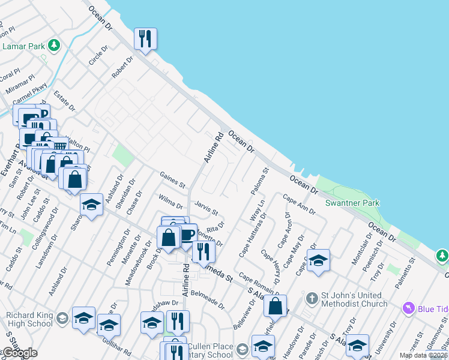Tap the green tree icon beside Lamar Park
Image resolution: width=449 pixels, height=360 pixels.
coord(55,45)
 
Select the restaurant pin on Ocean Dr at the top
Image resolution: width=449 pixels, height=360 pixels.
coord(145,40)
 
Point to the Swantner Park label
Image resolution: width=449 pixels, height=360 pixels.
coord(352,203)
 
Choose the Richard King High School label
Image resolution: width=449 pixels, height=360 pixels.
coord(29,319)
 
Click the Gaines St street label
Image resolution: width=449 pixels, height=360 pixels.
coord(173,178)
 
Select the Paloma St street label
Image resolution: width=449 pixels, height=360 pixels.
coord(264,179)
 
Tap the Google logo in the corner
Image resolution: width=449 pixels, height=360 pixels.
coord(20,353)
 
